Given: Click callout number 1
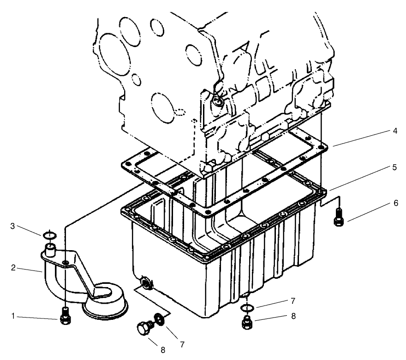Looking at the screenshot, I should click(x=13, y=317).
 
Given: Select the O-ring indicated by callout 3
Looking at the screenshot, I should click(x=50, y=235).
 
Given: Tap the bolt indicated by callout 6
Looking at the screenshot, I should click(x=338, y=216).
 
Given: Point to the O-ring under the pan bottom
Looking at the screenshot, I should click(x=248, y=307).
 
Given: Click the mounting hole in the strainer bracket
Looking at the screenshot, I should click(x=67, y=263).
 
